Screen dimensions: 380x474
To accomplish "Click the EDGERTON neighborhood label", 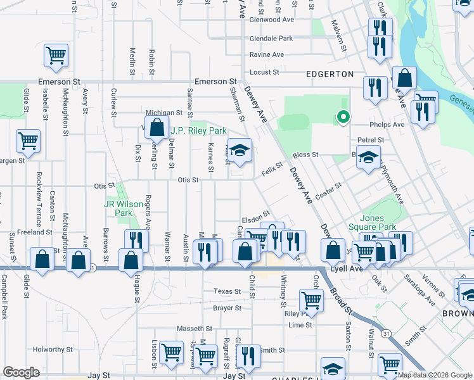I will [330, 74].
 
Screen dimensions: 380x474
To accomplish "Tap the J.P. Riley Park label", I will [198, 131].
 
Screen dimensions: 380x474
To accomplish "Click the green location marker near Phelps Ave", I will [343, 117].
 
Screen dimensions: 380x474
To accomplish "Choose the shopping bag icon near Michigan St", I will [157, 127].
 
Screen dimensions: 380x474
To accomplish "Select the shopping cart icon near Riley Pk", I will [311, 300].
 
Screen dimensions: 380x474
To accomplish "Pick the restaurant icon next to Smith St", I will [248, 357].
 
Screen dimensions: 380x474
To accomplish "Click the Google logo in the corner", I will [21, 373].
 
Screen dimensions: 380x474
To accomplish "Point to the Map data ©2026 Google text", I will [435, 375].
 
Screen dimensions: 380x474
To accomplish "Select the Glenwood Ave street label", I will [273, 20].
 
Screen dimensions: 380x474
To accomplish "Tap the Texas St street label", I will [227, 291].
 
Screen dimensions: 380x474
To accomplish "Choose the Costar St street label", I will [329, 190].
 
